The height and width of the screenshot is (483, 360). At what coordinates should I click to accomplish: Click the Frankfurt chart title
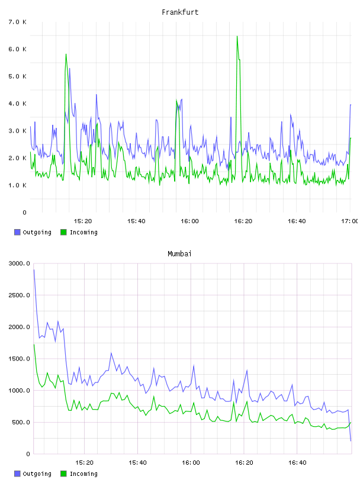180,12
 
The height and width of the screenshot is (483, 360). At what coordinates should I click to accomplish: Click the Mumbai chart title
179,254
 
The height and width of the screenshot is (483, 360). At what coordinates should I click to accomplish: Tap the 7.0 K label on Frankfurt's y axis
18,22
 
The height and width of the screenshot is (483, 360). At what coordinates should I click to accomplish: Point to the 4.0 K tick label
18,104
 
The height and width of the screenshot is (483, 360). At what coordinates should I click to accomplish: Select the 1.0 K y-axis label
18,185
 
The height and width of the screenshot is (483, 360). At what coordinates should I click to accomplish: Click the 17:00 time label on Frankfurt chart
349,221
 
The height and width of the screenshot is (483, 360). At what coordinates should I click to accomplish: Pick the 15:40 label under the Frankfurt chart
136,221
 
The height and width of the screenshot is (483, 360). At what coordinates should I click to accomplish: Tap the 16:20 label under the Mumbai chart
244,463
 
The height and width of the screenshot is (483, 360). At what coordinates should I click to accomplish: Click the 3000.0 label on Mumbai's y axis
20,263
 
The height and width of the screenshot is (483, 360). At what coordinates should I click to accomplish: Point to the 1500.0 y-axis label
20,359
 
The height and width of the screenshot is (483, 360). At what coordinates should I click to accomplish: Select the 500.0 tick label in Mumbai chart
21,422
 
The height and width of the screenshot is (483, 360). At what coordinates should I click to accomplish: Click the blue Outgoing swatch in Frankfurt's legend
17,232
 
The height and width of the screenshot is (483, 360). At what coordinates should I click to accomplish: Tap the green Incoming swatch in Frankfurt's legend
63,232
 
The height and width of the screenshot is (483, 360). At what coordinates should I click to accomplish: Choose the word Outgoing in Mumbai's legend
37,474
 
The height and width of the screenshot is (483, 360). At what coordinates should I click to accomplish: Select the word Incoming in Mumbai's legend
83,474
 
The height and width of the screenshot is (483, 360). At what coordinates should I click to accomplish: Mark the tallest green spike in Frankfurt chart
237,36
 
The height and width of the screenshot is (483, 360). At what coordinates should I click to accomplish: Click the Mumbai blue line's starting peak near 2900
34,270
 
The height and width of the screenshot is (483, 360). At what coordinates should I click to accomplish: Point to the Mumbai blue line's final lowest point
351,441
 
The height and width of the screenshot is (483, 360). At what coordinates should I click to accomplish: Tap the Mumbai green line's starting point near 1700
34,344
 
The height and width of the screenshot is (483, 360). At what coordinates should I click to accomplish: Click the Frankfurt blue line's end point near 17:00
351,105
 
